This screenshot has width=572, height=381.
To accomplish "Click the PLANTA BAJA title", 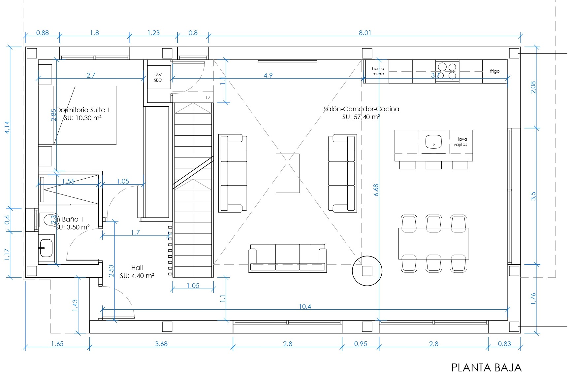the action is click(x=486, y=368).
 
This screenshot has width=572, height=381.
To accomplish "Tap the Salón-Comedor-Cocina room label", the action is click(x=361, y=109).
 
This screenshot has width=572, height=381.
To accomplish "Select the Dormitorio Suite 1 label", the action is click(x=83, y=110).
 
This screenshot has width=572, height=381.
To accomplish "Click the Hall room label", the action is click(x=137, y=268).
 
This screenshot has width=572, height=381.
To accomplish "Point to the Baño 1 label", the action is click(x=73, y=219).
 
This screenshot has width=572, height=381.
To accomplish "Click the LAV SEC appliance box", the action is click(x=158, y=77).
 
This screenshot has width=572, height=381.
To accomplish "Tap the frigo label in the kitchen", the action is click(x=494, y=71).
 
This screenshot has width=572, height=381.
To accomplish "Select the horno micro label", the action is click(x=378, y=71).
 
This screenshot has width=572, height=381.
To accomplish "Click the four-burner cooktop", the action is click(x=447, y=71).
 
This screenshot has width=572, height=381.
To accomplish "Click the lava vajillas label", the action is click(x=461, y=142).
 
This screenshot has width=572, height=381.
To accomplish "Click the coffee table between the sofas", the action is click(x=288, y=173).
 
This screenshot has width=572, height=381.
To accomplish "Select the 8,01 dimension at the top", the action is click(x=365, y=33).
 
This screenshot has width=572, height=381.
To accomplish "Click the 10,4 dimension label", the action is click(x=305, y=306).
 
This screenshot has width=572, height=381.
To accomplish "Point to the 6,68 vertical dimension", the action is click(x=376, y=190).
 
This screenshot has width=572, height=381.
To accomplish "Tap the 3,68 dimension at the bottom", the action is click(x=161, y=344).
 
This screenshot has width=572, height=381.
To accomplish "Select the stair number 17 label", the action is click(x=208, y=97).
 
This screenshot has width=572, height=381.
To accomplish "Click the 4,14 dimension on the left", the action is click(x=7, y=127).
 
